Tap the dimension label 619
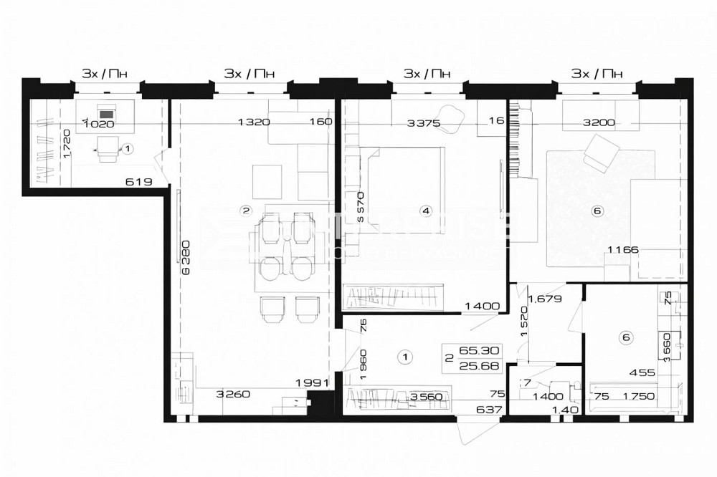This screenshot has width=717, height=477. click(x=138, y=182)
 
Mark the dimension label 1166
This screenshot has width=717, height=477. click(x=622, y=250)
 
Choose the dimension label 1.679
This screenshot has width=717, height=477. click(x=544, y=299)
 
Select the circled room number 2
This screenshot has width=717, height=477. click(x=246, y=211)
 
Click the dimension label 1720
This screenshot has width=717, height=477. click(x=66, y=144)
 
